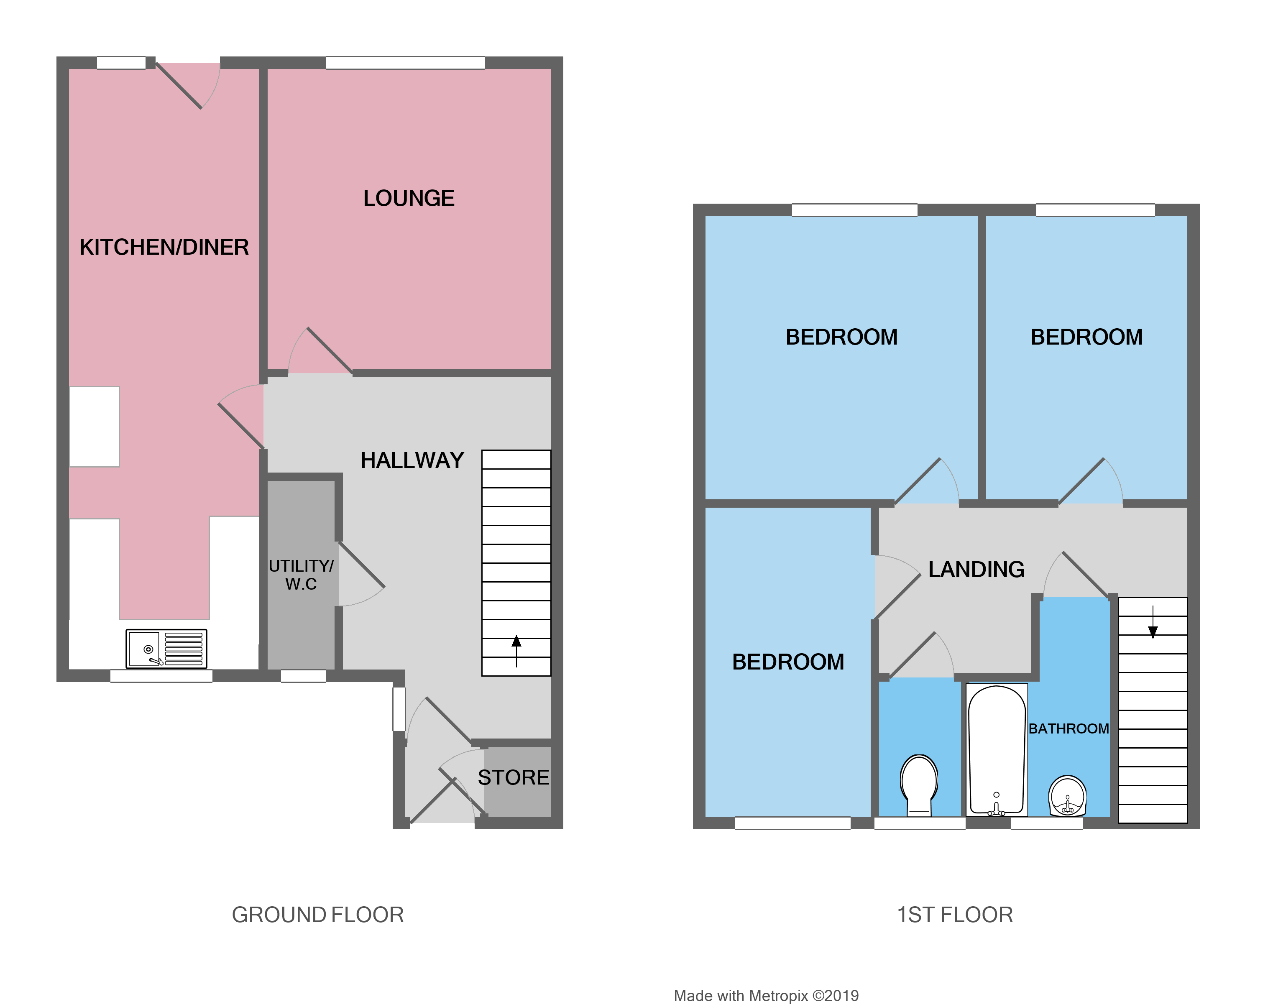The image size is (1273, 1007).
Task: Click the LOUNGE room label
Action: coord(409,198)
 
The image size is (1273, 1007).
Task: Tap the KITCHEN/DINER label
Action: coord(164,247)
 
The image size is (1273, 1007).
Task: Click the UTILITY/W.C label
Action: coord(301,575)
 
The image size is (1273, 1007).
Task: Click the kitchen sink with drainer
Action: coord(166,649)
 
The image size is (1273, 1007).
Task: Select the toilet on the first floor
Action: coord(919,784)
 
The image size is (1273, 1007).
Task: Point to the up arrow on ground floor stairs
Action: coord(516,649)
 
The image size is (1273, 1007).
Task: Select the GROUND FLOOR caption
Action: coord(317,915)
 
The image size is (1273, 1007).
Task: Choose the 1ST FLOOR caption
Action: coord(955,915)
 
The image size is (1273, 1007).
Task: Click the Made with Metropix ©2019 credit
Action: coord(766,996)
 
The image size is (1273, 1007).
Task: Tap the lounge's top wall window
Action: coord(405,62)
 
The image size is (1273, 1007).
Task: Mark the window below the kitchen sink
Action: coord(161,676)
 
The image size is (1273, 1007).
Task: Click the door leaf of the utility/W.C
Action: coord(361,565)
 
